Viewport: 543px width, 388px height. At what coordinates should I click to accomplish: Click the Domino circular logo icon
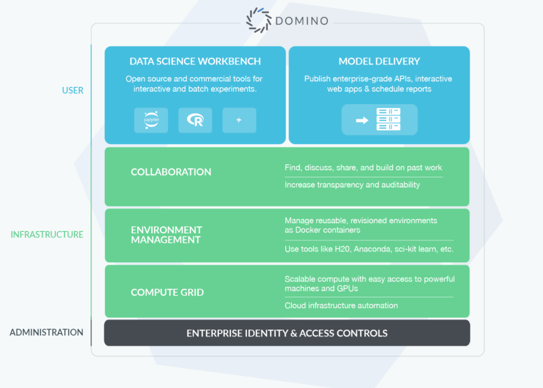pos(259,20)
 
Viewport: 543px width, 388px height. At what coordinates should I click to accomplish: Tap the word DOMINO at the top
pos(302,21)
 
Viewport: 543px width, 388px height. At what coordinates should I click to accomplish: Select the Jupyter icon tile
pos(151,120)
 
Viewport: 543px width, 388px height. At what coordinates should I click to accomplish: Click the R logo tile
pos(195,120)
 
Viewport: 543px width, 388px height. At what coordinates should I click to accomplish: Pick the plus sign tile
pos(239,120)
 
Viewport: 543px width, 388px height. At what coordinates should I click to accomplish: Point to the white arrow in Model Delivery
pos(362,120)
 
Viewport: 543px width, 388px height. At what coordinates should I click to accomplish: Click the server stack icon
pos(388,119)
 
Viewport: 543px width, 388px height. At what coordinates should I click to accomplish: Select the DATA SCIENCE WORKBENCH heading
pos(195,61)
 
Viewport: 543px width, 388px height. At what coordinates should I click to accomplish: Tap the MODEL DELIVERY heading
pos(379,61)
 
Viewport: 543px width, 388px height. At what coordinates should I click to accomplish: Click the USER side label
pos(73,90)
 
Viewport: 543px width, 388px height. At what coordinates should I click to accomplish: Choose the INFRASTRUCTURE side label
pos(47,234)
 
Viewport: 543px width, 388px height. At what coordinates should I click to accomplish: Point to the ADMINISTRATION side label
pos(46,332)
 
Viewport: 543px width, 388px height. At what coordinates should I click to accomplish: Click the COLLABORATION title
pos(171,172)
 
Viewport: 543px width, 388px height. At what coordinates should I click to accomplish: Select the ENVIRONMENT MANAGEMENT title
pos(166,235)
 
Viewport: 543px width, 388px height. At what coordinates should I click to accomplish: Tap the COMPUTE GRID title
pos(167,292)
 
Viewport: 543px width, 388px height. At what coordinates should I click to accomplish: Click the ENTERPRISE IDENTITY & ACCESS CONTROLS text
pos(287,333)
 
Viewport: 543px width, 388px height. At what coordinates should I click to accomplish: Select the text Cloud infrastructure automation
pos(341,306)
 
